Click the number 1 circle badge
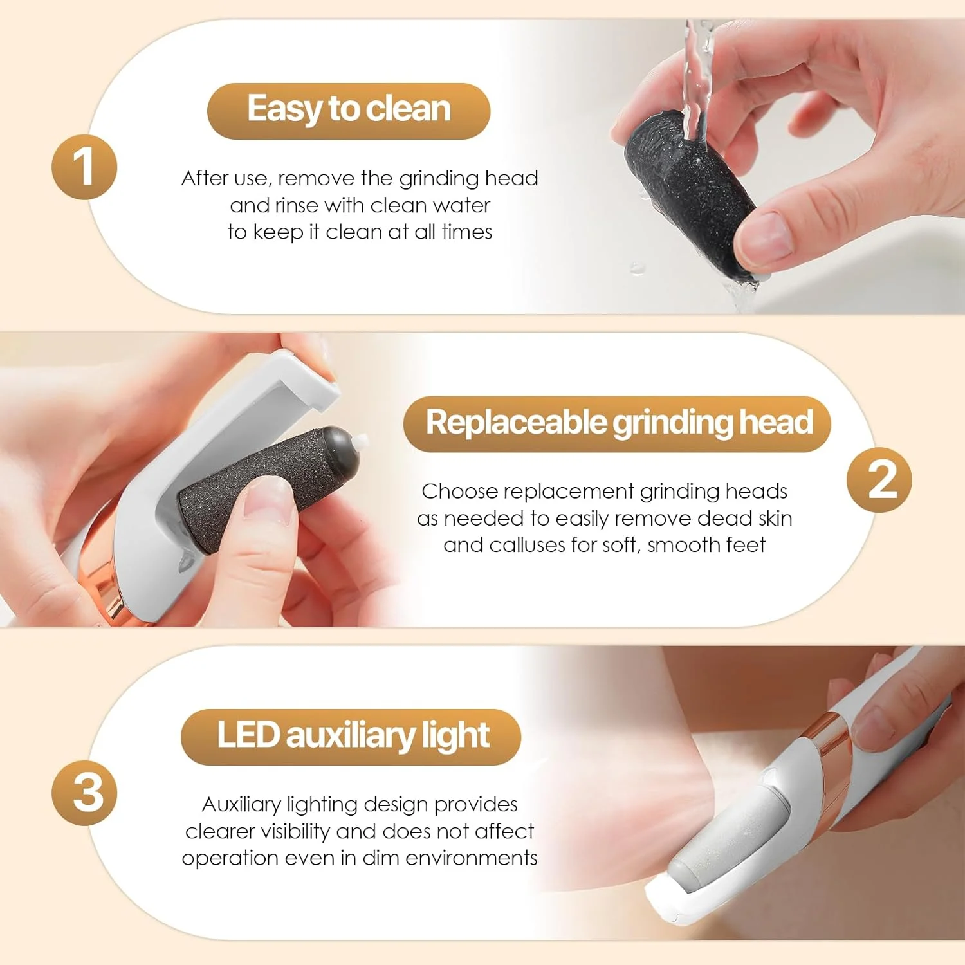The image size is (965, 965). pyautogui.click(x=84, y=167)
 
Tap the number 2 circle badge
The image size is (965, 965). pyautogui.click(x=879, y=480)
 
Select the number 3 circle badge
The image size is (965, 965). pyautogui.click(x=84, y=793)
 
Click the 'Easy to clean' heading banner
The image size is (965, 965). pyautogui.click(x=349, y=110)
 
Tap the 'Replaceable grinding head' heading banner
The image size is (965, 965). pyautogui.click(x=618, y=423)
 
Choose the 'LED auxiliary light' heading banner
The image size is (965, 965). pyautogui.click(x=351, y=736)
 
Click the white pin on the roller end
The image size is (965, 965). pyautogui.click(x=362, y=441)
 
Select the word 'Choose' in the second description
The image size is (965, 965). pyautogui.click(x=460, y=492)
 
